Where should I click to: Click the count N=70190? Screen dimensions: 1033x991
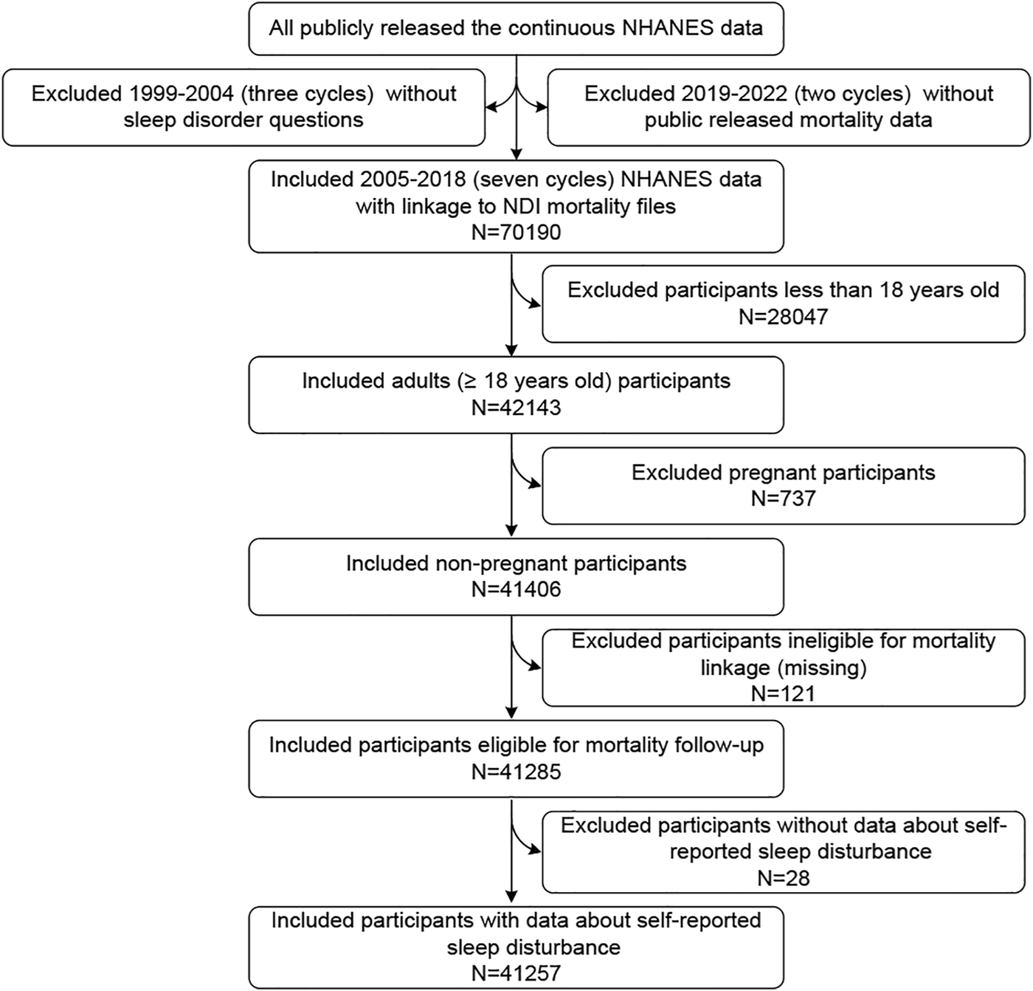tap(516, 232)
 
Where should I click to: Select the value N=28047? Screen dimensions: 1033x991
tap(783, 317)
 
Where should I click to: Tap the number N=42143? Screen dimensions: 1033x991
tap(516, 408)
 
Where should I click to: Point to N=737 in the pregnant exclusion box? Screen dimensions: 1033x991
tap(783, 498)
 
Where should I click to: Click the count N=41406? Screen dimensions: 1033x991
tap(516, 589)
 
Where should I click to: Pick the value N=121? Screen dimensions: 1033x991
tap(783, 693)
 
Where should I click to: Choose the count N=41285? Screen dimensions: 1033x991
tap(516, 771)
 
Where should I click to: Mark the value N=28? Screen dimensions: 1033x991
tap(783, 878)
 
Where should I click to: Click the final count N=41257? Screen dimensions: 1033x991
tap(516, 973)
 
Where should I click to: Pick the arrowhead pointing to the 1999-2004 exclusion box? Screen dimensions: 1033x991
tap(491, 107)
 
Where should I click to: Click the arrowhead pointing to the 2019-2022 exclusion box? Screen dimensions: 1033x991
tap(542, 107)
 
